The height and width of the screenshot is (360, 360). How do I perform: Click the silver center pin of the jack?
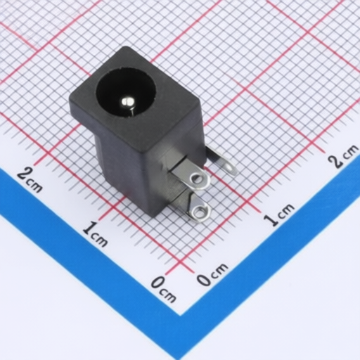coord(127,103)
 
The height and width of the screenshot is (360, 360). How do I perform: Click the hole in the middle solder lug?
coord(196,180)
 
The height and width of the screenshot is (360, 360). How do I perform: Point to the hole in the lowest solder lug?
coord(200,212)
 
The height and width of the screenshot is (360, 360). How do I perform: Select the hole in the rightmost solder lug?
coord(229,167)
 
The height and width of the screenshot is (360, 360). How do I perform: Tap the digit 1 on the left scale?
coord(89,228)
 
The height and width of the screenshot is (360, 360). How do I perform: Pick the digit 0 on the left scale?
coord(157,283)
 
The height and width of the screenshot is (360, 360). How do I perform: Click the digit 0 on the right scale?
coord(203,279)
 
